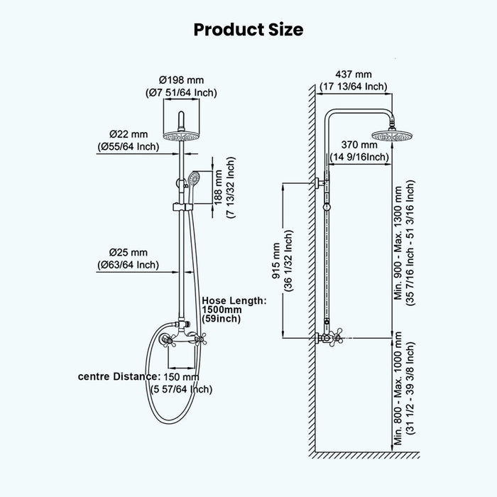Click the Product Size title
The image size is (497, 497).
point(248,29)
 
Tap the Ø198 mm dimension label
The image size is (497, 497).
point(181,80)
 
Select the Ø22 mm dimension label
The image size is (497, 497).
point(129,134)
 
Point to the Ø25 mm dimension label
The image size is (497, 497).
point(129,252)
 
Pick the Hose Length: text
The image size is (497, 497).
point(234,300)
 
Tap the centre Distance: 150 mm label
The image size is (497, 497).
point(138,376)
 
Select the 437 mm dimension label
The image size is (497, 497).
point(354,75)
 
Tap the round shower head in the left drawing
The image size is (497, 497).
point(181,136)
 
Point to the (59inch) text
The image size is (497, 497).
point(222,319)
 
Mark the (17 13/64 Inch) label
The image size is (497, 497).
point(354,86)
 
